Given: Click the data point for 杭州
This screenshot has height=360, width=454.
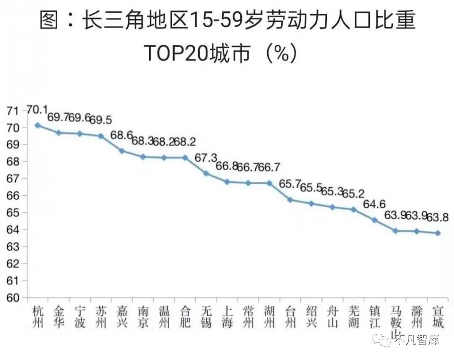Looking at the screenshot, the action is click(x=38, y=125).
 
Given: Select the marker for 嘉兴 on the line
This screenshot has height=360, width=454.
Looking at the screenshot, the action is click(x=122, y=151).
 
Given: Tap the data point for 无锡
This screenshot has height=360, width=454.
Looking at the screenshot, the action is click(x=206, y=173).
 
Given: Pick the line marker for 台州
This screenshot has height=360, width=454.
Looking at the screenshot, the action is click(x=290, y=200).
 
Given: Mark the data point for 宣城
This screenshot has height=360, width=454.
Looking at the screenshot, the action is click(x=438, y=233).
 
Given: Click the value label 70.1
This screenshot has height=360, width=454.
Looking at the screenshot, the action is click(x=37, y=110).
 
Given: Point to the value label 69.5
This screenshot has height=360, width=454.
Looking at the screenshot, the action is click(x=101, y=120).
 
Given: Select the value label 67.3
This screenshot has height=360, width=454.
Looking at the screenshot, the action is click(x=206, y=158).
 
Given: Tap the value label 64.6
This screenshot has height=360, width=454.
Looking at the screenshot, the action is click(x=375, y=204).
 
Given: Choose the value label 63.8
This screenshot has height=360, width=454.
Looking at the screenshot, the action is click(x=438, y=217).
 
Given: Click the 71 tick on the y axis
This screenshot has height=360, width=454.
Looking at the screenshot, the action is click(x=13, y=111).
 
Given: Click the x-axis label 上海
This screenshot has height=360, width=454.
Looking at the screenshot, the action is click(x=227, y=317).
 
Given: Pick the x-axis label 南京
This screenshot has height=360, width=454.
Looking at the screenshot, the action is click(x=143, y=317).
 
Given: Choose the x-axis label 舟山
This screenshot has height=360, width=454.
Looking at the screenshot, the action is click(x=332, y=317).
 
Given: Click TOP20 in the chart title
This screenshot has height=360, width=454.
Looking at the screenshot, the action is click(x=177, y=53).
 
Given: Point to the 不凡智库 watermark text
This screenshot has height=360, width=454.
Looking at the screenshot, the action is click(x=417, y=340).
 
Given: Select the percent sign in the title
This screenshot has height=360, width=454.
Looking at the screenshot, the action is click(x=281, y=53).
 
